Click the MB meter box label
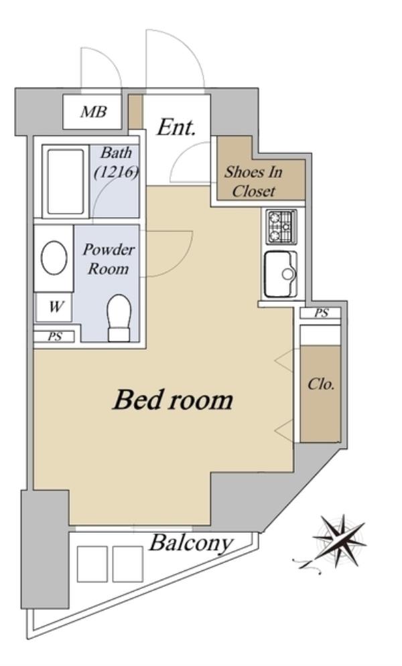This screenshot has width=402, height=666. tap(94, 112)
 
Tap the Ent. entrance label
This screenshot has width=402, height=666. tap(176, 127)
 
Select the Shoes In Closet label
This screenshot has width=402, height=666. tap(254, 181)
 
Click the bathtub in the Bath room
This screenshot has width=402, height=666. tap(66, 181)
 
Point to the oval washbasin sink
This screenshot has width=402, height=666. tap(54, 258)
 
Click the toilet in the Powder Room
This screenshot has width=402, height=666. tap(119, 318)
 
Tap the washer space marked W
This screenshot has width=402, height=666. tap(54, 307)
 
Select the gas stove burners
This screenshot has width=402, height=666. tap(281, 227)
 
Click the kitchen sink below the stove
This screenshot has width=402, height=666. tap(281, 274)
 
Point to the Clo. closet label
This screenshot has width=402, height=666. tap(321, 384)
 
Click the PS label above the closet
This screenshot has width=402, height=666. tap(322, 313)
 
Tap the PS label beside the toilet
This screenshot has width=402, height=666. tap(55, 337)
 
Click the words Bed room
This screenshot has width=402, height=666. tap(173, 400)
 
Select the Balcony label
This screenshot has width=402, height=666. tap(191, 544)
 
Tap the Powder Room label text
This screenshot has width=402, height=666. tap(109, 258)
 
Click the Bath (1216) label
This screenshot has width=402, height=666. tap(116, 162)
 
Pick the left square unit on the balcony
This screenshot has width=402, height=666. tap(92, 564)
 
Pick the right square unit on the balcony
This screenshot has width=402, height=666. tap(127, 564)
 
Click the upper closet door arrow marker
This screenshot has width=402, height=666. tap(284, 361)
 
